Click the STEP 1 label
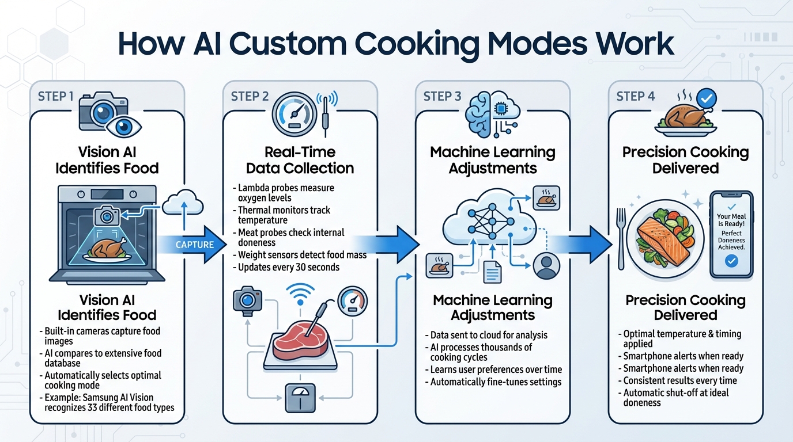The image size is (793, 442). (x=55, y=96)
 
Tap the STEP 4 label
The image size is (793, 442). (x=635, y=96)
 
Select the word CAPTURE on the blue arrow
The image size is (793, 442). (x=194, y=245)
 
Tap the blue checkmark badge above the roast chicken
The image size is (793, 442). (x=706, y=98)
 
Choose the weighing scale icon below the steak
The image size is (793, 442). (x=299, y=397)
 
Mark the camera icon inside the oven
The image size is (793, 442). (x=107, y=216)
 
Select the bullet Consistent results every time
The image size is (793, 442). (x=681, y=380)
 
